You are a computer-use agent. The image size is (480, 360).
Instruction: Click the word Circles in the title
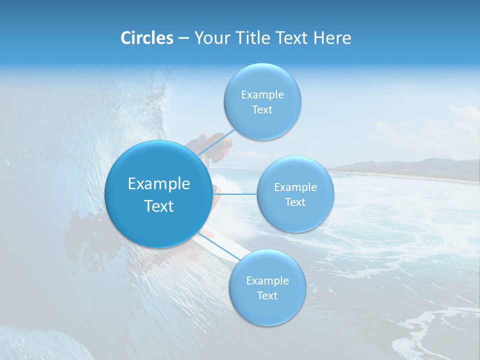(x=146, y=38)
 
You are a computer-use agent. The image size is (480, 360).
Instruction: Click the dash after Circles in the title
(x=183, y=38)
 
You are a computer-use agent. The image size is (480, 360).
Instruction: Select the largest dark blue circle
(x=158, y=194)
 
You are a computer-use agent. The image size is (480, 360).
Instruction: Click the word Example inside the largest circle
(x=158, y=184)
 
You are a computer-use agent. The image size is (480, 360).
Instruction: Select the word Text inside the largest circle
(x=158, y=206)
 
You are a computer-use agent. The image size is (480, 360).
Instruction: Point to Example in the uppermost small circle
(x=262, y=95)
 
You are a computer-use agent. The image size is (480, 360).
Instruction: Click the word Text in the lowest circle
(x=267, y=295)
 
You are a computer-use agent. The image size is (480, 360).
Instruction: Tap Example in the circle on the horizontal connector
(x=295, y=187)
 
